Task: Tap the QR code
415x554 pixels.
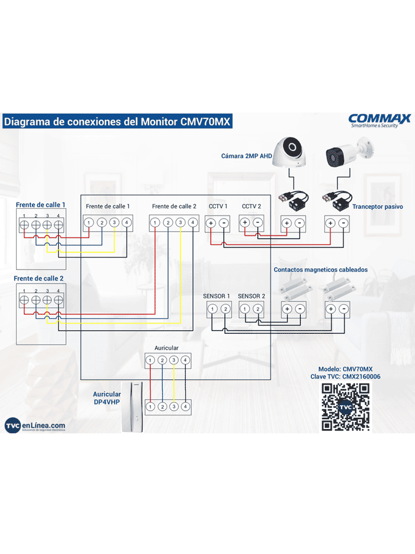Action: click(x=345, y=407)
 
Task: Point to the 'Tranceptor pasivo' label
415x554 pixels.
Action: click(x=377, y=207)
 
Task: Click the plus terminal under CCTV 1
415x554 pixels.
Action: click(x=211, y=222)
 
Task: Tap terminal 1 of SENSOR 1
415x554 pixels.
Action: click(x=213, y=309)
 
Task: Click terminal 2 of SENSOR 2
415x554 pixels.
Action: click(x=258, y=309)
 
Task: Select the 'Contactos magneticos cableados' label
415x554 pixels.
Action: click(x=320, y=269)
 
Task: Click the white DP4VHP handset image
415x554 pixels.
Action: click(x=132, y=407)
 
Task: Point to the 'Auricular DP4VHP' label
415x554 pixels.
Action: click(x=106, y=398)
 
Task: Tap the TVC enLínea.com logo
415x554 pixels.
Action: click(x=35, y=426)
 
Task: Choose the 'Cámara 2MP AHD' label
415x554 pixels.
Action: click(x=246, y=156)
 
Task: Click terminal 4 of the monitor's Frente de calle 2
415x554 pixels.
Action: click(x=192, y=222)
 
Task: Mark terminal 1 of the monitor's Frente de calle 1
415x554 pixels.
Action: click(x=89, y=222)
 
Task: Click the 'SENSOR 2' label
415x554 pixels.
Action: click(x=251, y=296)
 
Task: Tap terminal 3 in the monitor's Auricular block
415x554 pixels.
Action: click(x=173, y=360)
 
